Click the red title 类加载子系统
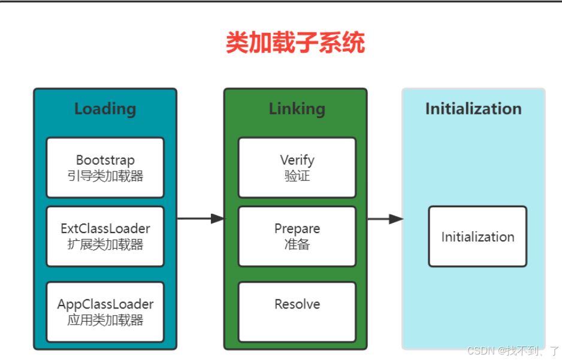(x=295, y=43)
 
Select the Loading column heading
(x=105, y=109)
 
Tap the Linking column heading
(x=297, y=109)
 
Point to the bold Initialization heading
(x=473, y=108)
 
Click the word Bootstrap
(x=105, y=160)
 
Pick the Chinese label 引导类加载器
(x=105, y=176)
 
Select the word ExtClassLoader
(x=105, y=229)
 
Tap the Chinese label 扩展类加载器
(x=105, y=244)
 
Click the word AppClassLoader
(x=105, y=304)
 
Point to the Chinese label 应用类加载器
(x=105, y=320)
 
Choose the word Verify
(x=297, y=160)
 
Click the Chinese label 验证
(x=297, y=176)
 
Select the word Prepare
(x=297, y=229)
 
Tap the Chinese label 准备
(x=297, y=244)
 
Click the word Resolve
(x=297, y=304)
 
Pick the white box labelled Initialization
(x=478, y=237)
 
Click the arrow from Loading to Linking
(x=201, y=219)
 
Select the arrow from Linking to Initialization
(x=385, y=219)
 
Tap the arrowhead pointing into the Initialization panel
(x=396, y=219)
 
